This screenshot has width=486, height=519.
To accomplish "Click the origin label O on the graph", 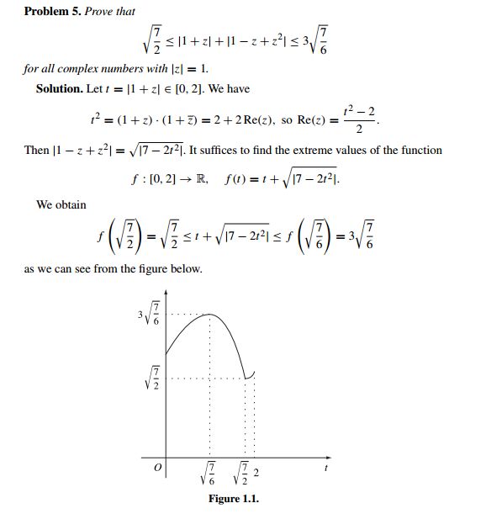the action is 154,468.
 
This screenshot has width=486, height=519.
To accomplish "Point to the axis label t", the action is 325,467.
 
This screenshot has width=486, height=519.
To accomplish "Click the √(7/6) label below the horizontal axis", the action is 210,476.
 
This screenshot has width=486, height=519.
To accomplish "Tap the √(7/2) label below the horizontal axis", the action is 242,476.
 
